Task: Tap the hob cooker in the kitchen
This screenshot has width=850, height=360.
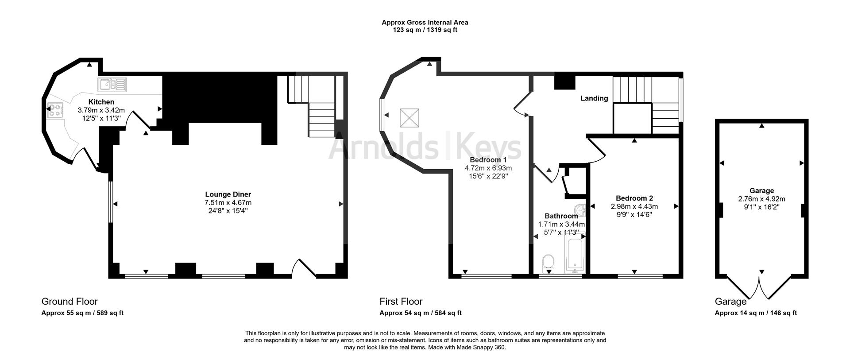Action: (x=55, y=111)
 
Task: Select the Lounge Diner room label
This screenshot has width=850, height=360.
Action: (x=228, y=194)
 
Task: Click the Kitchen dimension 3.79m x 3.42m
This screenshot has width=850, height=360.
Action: (x=101, y=110)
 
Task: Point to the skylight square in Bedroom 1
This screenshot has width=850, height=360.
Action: (x=409, y=118)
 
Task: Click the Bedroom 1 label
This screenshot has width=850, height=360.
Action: (x=488, y=160)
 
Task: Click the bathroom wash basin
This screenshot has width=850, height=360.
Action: (x=580, y=209)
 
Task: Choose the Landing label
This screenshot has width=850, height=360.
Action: (x=594, y=98)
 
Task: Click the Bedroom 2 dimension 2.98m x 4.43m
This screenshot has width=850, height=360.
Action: (x=634, y=207)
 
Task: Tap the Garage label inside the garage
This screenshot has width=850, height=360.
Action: (x=761, y=191)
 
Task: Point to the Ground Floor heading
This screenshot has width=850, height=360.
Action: (x=70, y=302)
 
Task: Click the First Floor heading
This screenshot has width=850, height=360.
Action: (x=401, y=302)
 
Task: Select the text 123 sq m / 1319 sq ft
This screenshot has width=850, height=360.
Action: (x=425, y=30)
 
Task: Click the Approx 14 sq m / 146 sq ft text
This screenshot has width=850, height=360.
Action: (x=756, y=313)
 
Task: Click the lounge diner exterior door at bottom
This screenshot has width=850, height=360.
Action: (x=304, y=269)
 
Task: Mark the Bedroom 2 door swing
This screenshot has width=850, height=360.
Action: (x=597, y=151)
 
